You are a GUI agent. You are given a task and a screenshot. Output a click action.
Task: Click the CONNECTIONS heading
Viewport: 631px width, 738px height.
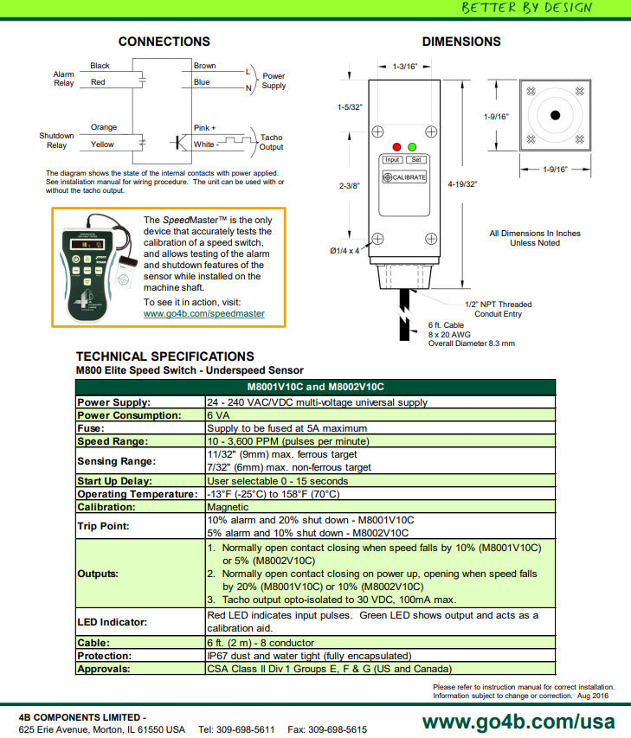point(164,42)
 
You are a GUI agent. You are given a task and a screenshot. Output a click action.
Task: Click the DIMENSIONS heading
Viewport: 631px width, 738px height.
point(461,42)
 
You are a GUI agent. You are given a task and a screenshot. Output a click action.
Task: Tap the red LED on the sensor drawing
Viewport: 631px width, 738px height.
point(396,147)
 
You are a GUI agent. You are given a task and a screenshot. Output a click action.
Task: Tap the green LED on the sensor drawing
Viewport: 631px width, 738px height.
point(412,147)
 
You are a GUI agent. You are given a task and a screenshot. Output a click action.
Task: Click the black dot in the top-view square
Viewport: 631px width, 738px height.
point(556,115)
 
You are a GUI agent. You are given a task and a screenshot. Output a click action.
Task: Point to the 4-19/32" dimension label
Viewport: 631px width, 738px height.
point(463,183)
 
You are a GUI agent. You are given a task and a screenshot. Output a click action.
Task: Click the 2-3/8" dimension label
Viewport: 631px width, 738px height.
point(349,185)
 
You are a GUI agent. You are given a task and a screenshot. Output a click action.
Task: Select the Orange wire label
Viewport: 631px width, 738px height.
point(104,127)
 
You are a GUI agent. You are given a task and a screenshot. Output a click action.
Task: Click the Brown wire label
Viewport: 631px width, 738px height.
point(205,66)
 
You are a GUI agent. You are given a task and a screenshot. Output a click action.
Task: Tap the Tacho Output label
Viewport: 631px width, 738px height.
point(271,142)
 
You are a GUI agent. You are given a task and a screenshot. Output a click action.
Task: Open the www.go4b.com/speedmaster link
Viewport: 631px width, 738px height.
point(204,314)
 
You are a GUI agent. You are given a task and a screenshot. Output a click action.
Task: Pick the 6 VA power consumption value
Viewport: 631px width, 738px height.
point(216,415)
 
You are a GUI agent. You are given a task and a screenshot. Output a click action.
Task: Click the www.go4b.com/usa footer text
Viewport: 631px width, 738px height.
point(518,722)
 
